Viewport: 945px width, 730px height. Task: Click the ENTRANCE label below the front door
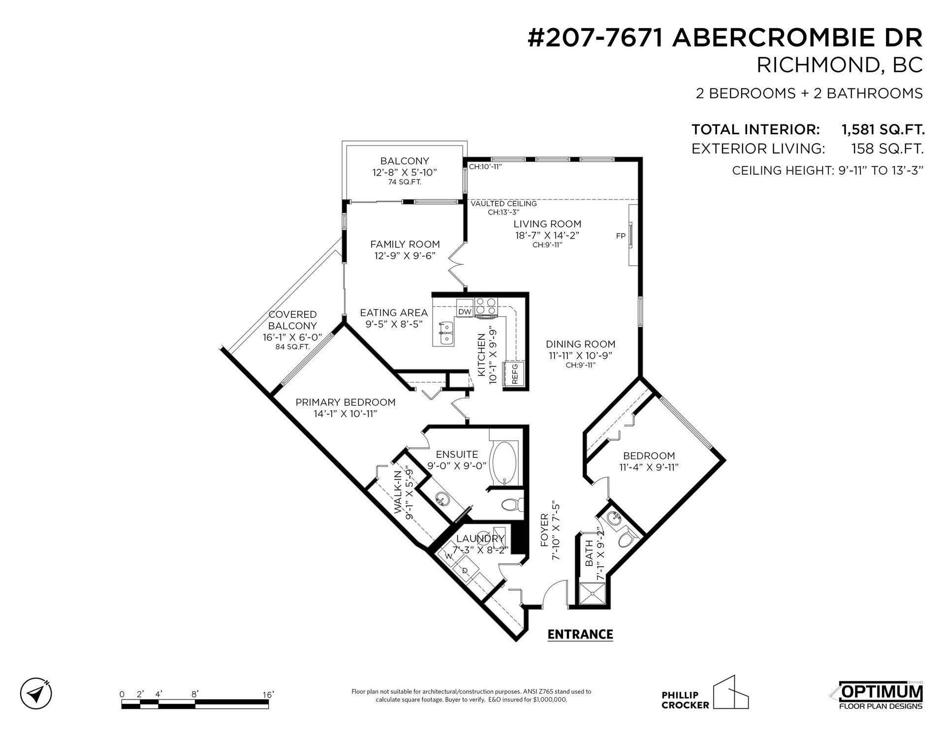point(580,634)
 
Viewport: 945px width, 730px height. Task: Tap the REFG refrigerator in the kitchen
point(513,375)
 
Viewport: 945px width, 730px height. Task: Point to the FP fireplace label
point(621,236)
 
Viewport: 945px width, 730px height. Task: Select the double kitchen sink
point(101,333)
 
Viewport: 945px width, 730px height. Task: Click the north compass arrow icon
point(36,694)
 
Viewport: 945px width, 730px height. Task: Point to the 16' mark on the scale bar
point(268,694)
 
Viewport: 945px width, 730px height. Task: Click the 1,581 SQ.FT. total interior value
point(883,129)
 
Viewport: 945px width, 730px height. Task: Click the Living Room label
point(547,224)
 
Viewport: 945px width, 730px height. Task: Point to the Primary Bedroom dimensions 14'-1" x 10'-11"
point(346,414)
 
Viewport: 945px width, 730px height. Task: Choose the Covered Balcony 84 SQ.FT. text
point(292,347)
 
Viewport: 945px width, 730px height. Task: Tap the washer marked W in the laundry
point(448,556)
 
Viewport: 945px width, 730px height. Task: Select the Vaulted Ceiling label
point(504,204)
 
